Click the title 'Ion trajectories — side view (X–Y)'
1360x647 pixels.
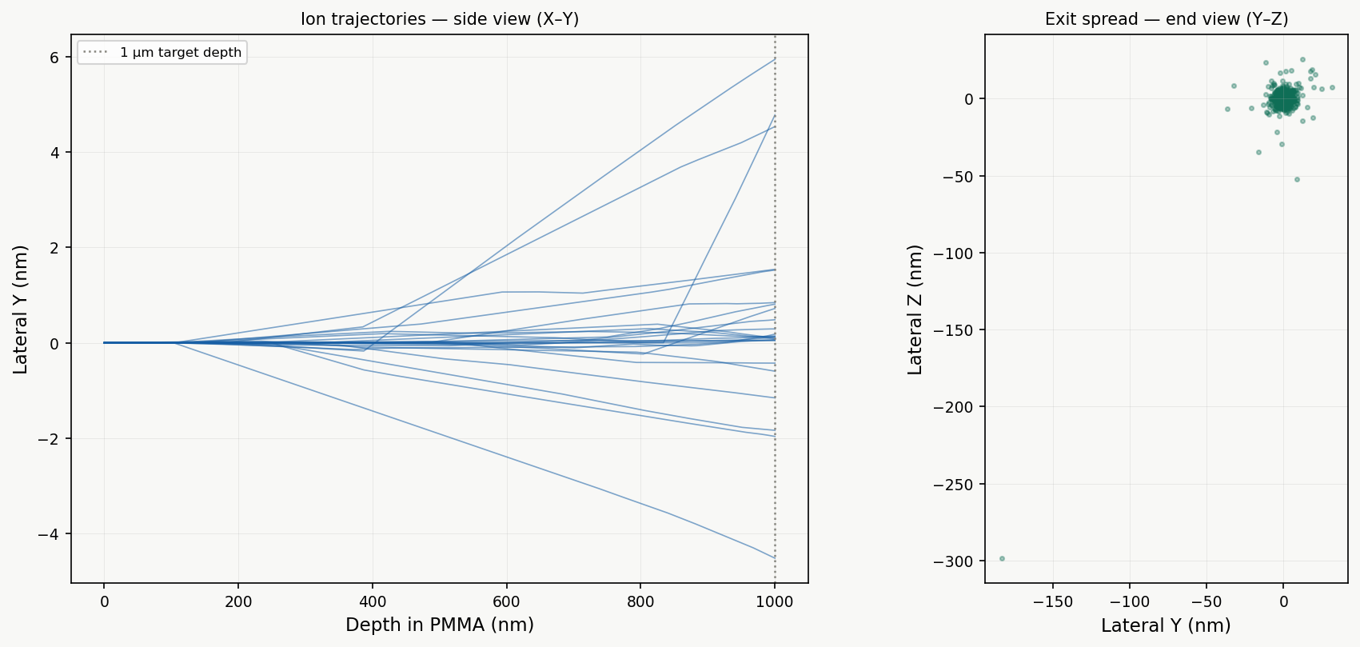click(x=440, y=19)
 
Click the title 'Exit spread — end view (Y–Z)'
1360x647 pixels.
click(x=1167, y=19)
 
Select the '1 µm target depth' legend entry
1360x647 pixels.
click(x=180, y=53)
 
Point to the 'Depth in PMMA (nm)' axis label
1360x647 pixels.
click(x=440, y=625)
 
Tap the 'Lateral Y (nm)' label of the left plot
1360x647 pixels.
click(x=21, y=309)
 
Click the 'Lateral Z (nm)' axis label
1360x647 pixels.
click(x=915, y=309)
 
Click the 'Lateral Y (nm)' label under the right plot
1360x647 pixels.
click(x=1166, y=625)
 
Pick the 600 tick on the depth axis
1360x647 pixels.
click(x=506, y=602)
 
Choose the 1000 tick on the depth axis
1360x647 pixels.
click(x=775, y=602)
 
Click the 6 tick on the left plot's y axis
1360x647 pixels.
click(x=54, y=58)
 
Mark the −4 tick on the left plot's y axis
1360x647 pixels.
click(x=50, y=534)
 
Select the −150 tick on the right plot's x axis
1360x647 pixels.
click(x=1053, y=602)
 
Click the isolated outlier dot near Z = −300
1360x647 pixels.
click(x=1002, y=558)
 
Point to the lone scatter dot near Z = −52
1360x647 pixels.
click(x=1297, y=179)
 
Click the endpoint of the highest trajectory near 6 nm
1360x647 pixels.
click(x=775, y=59)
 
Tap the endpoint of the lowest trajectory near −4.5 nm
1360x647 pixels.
click(x=775, y=557)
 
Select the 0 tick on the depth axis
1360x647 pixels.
click(x=104, y=602)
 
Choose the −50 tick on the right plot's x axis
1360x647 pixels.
click(x=1206, y=602)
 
